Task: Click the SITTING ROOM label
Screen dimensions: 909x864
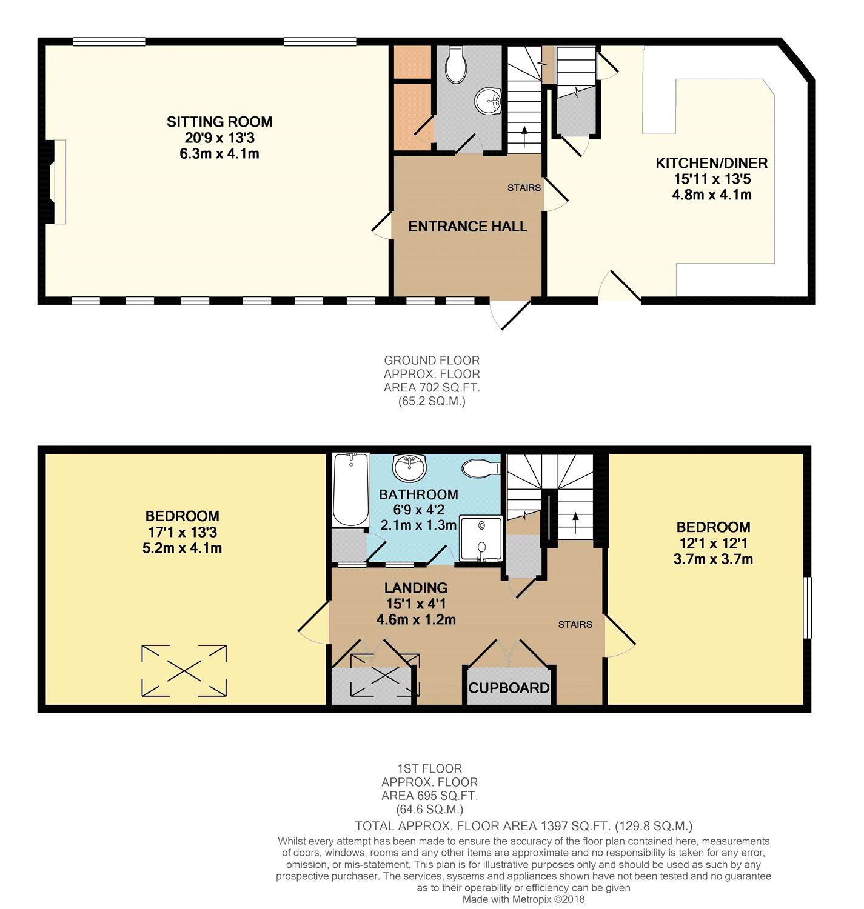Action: [x=219, y=122]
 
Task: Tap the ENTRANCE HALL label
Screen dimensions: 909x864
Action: [x=467, y=227]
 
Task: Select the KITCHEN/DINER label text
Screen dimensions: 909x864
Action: [x=712, y=163]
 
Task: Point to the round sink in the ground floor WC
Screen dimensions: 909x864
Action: [x=488, y=101]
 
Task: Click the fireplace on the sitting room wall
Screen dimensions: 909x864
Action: [x=56, y=182]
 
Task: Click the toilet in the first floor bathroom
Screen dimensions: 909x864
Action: [x=480, y=468]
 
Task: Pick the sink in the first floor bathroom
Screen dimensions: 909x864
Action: [x=410, y=467]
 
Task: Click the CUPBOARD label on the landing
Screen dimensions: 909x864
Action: [x=509, y=688]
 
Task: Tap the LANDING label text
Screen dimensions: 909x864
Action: [x=416, y=588]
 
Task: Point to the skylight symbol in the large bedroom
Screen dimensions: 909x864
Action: [x=184, y=670]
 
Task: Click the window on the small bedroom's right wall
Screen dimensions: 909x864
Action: [x=807, y=607]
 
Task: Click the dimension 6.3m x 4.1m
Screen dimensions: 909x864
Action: [x=219, y=154]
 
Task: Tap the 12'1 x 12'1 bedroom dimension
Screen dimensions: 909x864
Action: [x=713, y=544]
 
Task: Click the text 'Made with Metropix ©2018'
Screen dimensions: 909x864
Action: [x=523, y=899]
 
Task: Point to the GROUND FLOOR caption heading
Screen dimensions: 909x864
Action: [x=432, y=361]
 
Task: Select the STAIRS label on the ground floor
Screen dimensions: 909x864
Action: [x=524, y=188]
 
